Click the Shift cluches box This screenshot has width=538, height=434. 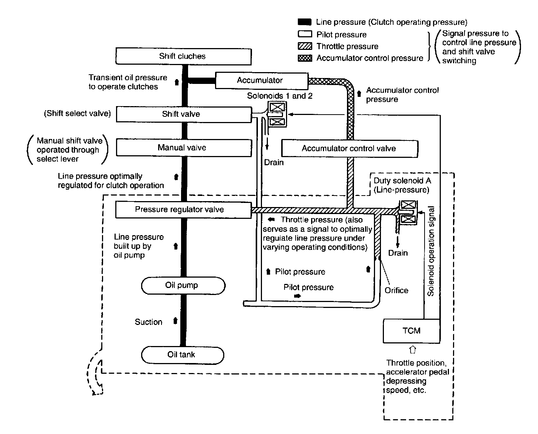[184, 56]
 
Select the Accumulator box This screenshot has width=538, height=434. [262, 81]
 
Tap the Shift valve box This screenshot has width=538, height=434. [184, 114]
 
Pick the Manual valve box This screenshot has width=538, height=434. [184, 148]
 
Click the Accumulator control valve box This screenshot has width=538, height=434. [350, 148]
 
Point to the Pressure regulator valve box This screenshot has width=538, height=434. [183, 210]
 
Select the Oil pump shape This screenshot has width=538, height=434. [183, 285]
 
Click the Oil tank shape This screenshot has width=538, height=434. [183, 355]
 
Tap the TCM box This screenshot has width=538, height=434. [412, 331]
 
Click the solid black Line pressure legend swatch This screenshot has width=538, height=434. [304, 22]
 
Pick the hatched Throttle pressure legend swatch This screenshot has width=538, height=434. [305, 46]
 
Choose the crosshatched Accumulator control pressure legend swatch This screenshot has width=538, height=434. [305, 58]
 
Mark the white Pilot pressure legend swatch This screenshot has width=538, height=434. [305, 34]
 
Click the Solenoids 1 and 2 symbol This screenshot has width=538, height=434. [277, 114]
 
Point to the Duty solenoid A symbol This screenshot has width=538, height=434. [408, 212]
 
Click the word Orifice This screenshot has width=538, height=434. [396, 290]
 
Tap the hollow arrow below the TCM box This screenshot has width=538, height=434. [412, 349]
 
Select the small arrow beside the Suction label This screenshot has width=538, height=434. [175, 321]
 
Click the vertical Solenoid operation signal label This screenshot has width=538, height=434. [430, 251]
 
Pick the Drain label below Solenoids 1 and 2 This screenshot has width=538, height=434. [274, 162]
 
